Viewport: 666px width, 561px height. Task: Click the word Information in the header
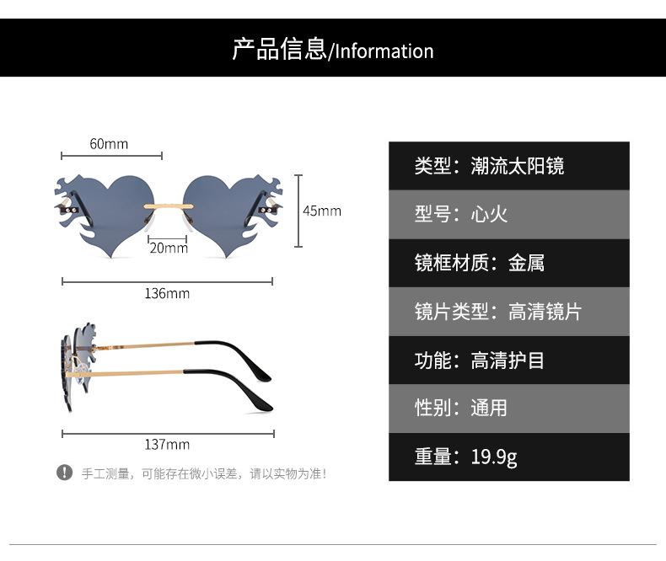coord(384,51)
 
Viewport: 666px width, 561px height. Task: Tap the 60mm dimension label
coord(109,144)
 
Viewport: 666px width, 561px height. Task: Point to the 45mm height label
coord(322,211)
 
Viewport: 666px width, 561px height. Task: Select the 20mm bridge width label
coord(169,248)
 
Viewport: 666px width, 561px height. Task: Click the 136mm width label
coord(167,293)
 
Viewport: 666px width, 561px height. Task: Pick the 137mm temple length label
coord(167,444)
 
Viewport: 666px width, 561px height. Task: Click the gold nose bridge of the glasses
coord(169,206)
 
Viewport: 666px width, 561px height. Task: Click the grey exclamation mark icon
coord(65,473)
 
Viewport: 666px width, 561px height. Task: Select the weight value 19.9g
coord(494,457)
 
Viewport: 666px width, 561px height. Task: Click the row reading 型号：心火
coord(509,214)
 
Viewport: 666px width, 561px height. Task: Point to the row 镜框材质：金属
coord(509,263)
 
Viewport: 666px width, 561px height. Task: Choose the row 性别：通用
coord(509,409)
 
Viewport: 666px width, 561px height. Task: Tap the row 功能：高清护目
coord(509,360)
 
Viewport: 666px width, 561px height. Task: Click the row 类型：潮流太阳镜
coord(509,166)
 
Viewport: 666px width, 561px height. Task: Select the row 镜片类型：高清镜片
coord(509,312)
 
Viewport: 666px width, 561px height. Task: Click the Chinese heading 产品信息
coord(279,49)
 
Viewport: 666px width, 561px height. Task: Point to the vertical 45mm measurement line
coord(298,211)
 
